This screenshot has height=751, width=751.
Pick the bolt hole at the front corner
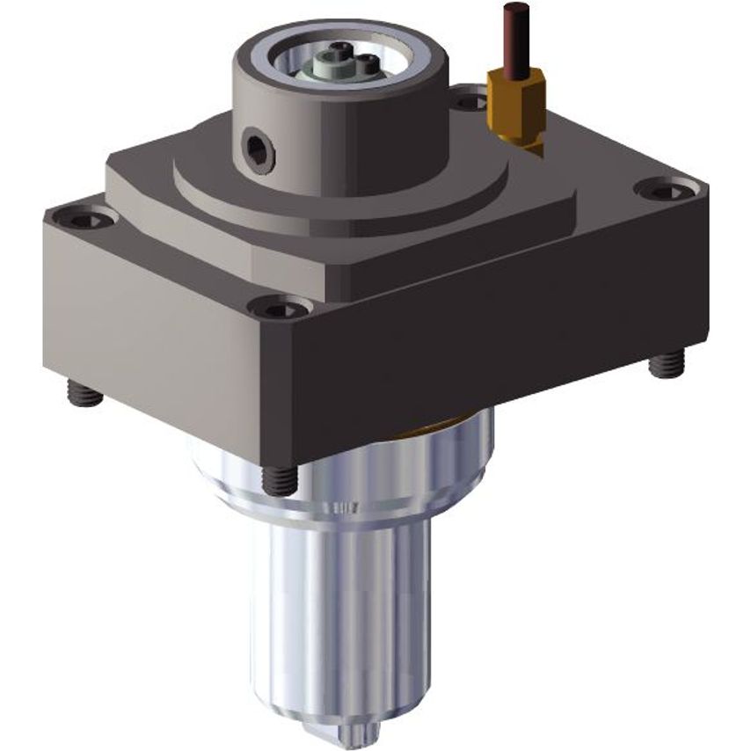point(279,308)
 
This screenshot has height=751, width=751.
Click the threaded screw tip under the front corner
point(280,479)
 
